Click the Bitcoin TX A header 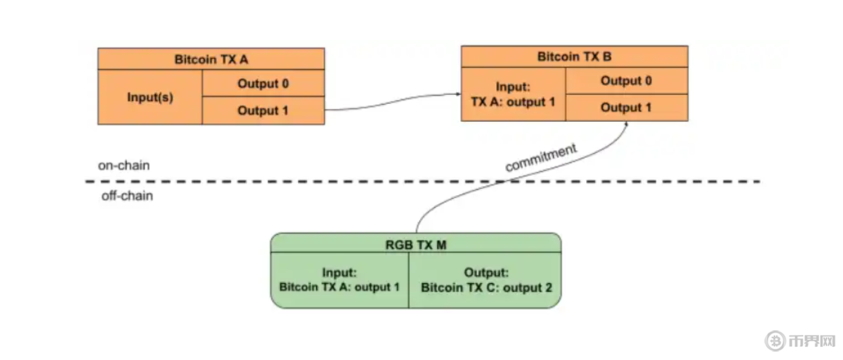pyautogui.click(x=211, y=59)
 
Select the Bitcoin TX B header pyautogui.click(x=574, y=57)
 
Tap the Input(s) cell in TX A pyautogui.click(x=149, y=97)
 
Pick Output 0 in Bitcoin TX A pyautogui.click(x=263, y=84)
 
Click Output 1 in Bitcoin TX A pyautogui.click(x=263, y=111)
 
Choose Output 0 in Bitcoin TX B pyautogui.click(x=626, y=81)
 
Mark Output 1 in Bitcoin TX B pyautogui.click(x=626, y=107)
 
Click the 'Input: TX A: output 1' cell pyautogui.click(x=513, y=94)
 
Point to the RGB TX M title pyautogui.click(x=415, y=243)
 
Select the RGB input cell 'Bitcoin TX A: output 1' pyautogui.click(x=339, y=280)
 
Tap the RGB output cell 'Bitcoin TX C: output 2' pyautogui.click(x=487, y=280)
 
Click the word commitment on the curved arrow pyautogui.click(x=541, y=157)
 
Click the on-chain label pyautogui.click(x=124, y=166)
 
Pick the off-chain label pyautogui.click(x=127, y=196)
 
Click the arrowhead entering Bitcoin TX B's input pyautogui.click(x=457, y=95)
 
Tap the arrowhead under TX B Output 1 pyautogui.click(x=627, y=124)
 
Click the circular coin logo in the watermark pyautogui.click(x=775, y=341)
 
